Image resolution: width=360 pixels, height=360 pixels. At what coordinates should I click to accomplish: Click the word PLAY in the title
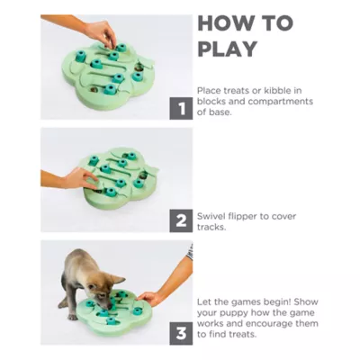[x=228, y=49]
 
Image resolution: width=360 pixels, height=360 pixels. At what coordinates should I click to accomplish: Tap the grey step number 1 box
[x=181, y=108]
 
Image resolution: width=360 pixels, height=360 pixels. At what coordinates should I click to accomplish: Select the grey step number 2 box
[x=181, y=220]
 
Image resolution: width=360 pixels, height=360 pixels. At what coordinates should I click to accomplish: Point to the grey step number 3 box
[x=181, y=333]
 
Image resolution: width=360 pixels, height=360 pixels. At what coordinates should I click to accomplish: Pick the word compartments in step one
[x=281, y=102]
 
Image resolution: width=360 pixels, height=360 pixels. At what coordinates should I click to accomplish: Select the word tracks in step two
[x=211, y=227]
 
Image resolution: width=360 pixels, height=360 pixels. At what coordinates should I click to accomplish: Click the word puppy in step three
[x=234, y=313]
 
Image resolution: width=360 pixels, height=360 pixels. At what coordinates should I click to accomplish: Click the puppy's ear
[x=117, y=280]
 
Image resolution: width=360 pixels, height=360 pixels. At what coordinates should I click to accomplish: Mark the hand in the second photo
[x=80, y=178]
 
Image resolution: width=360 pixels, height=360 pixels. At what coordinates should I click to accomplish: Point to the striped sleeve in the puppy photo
[x=189, y=253]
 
